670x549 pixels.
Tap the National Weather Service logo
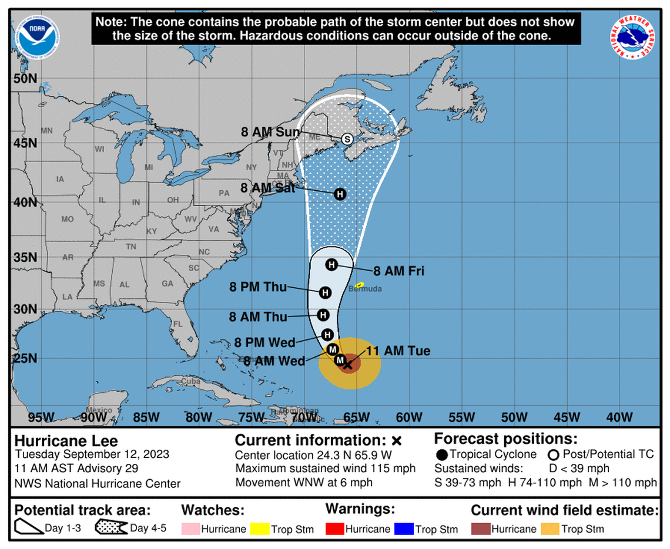tap(633, 36)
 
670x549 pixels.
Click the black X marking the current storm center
tap(347, 365)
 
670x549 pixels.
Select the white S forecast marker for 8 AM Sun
tap(347, 139)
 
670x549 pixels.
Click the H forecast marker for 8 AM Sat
tap(339, 194)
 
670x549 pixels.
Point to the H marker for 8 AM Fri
tap(331, 265)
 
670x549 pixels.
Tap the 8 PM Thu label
tap(258, 287)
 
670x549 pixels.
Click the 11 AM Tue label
tap(398, 351)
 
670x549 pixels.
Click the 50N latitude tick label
tap(25, 79)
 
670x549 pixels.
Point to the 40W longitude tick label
tap(619, 417)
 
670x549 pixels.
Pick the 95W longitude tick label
tap(41, 417)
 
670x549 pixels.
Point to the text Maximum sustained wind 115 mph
tap(325, 469)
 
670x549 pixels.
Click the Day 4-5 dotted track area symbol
tap(112, 528)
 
